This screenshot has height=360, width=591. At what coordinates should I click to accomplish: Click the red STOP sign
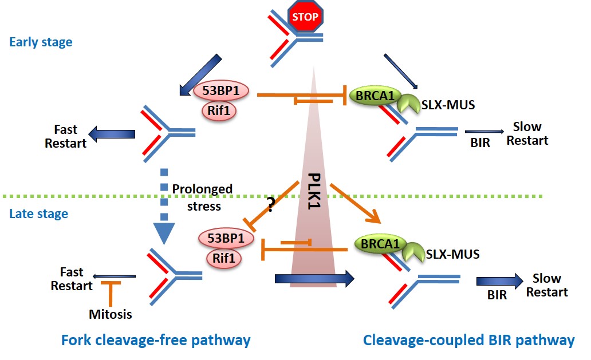305,17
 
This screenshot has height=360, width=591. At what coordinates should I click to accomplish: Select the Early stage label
41,42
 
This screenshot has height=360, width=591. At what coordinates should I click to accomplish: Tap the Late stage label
38,214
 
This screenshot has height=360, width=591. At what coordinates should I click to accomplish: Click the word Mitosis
111,314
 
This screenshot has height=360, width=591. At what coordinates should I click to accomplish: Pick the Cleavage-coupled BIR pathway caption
468,341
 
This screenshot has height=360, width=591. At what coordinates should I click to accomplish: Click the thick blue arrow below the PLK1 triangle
314,279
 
